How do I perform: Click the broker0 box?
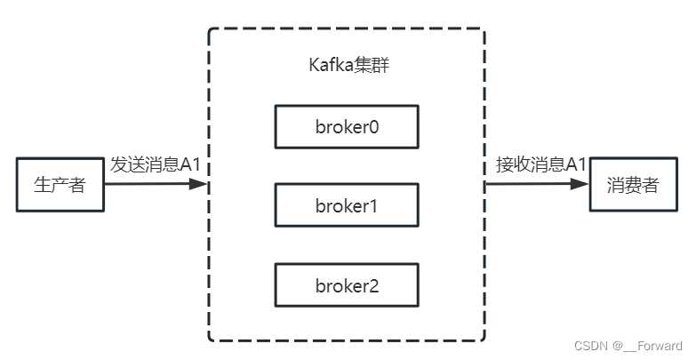(x=347, y=127)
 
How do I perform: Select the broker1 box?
(x=347, y=206)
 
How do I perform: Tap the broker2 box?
(x=347, y=285)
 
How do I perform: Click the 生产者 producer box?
(x=60, y=185)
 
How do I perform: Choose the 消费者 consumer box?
(x=634, y=185)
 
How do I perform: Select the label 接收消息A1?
(x=540, y=165)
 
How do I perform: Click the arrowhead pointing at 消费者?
(x=580, y=185)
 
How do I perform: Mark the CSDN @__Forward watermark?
(x=628, y=346)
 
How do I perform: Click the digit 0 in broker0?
(x=373, y=127)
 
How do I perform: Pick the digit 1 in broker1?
(x=373, y=206)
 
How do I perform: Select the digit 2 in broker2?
(x=373, y=285)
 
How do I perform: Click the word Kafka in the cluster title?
(x=326, y=66)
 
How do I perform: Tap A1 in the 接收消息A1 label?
(x=577, y=165)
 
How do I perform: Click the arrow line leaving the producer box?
(x=147, y=185)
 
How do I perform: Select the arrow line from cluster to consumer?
(x=529, y=185)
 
